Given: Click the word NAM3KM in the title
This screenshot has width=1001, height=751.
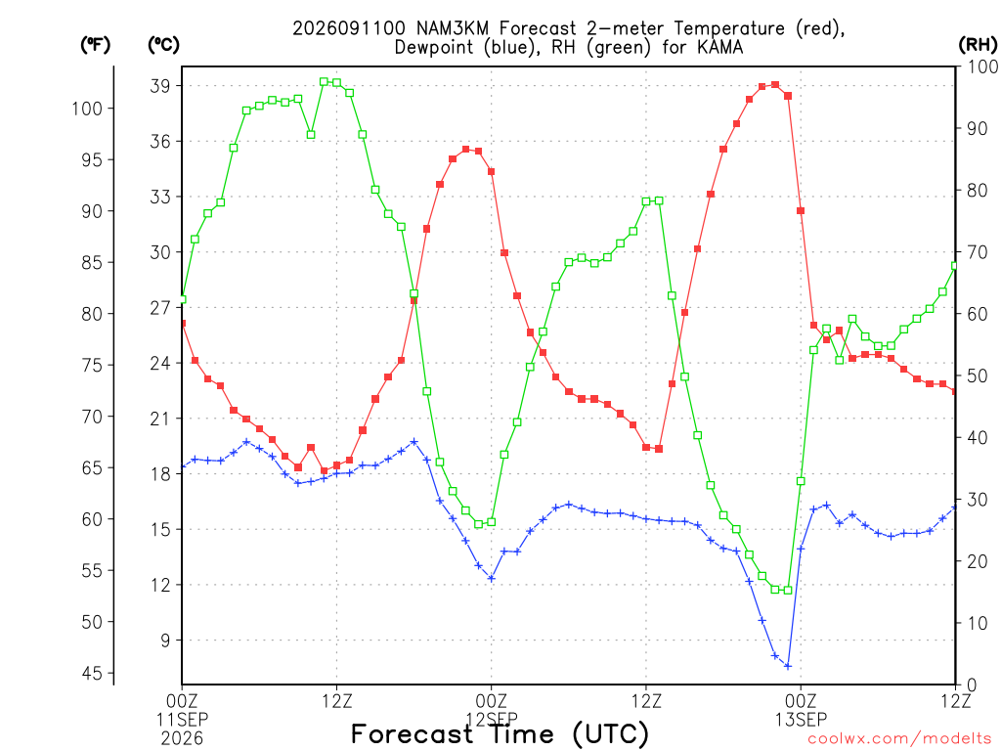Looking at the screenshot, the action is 452,28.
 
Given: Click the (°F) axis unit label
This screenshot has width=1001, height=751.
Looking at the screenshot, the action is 95,45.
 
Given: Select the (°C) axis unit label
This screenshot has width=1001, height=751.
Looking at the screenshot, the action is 163,45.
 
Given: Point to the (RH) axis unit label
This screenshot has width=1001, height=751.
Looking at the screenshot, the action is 978,45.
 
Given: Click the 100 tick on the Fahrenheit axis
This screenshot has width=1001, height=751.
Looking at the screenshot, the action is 87,109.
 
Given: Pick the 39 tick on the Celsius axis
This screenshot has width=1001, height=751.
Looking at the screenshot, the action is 160,86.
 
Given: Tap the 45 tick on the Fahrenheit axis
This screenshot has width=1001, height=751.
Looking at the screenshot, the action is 92,673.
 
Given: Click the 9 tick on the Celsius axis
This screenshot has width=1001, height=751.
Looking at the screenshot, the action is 166,640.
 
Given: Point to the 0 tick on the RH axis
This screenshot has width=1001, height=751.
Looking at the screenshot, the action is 972,685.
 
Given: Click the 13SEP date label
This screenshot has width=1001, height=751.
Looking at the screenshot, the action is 801,720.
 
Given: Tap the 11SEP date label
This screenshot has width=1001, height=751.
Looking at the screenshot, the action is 182,720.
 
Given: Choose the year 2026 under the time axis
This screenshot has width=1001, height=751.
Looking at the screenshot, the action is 182,739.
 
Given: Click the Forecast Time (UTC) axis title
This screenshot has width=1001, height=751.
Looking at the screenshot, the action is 500,734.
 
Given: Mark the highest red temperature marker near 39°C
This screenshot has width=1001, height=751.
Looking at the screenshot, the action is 775,84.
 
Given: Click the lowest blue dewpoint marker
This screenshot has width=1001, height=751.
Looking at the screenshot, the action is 788,666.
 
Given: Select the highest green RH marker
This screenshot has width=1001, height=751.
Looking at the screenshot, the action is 324,82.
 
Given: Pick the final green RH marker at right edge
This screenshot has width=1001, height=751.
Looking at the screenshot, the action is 955,266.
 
